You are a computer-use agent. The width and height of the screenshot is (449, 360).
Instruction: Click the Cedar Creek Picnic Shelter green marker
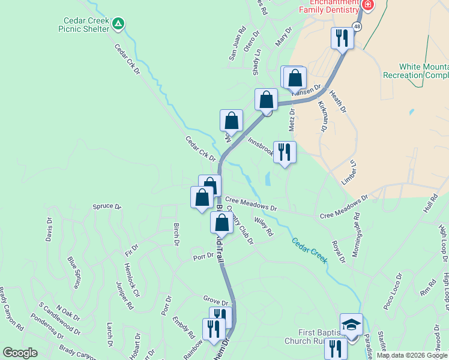point(119,24)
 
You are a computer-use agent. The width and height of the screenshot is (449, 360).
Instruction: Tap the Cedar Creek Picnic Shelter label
point(83,24)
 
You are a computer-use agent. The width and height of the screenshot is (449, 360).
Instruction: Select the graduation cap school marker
point(351,325)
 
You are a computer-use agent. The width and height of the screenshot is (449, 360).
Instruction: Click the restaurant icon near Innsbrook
point(284,152)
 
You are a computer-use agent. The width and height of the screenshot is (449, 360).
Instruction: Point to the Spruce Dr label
point(107,206)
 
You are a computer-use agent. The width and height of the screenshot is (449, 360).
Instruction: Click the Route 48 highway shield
point(357,26)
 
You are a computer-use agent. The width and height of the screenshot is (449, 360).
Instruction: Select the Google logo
point(20,353)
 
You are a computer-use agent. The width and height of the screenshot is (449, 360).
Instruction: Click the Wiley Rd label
point(264,227)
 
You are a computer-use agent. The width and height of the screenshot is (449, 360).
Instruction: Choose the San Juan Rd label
point(237,43)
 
